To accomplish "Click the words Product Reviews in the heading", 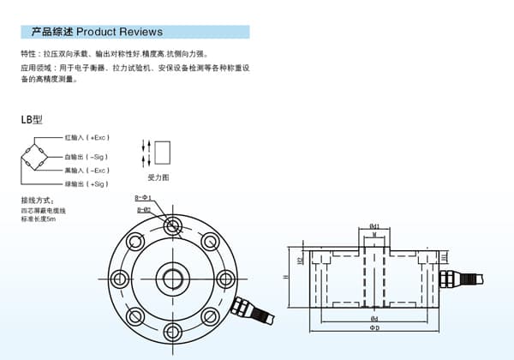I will tap(119, 32).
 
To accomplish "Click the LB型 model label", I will tap(32, 120).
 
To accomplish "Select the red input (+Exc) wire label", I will tap(87, 137).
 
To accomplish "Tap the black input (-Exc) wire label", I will tap(87, 171).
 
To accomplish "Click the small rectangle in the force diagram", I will tap(162, 154).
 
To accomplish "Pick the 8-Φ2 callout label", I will tap(143, 209).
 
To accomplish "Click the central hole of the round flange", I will tap(174, 278).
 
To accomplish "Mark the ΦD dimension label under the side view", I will tap(374, 328).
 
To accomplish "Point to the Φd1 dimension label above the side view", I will tap(374, 225).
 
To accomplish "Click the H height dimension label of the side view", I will tap(285, 278).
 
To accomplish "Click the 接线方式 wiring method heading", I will tap(38, 201).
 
